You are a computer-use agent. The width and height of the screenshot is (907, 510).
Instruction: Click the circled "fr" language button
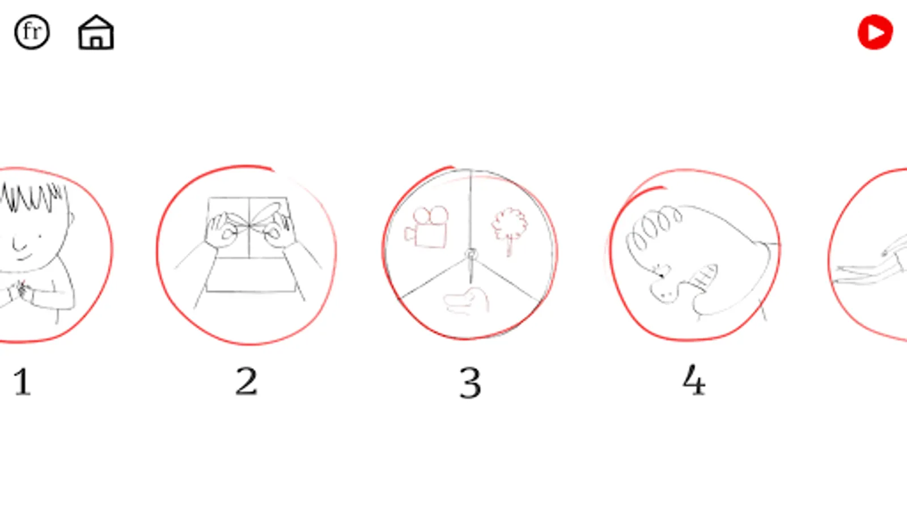(32, 32)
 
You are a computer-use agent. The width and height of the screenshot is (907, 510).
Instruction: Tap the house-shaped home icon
(96, 32)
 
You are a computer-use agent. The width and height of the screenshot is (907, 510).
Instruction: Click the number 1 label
(22, 381)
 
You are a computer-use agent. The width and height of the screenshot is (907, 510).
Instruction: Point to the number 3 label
(471, 382)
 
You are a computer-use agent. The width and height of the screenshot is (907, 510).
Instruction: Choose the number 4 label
(694, 380)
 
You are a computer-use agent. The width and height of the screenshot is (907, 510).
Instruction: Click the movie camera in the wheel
(426, 227)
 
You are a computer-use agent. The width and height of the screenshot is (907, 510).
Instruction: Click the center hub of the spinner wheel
(471, 254)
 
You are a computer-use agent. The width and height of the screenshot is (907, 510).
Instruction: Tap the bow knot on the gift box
(249, 226)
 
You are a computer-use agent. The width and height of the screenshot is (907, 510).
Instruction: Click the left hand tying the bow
(221, 231)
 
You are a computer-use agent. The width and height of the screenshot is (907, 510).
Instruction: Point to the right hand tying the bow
(279, 231)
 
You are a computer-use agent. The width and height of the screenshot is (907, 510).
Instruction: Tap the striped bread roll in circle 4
(704, 278)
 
